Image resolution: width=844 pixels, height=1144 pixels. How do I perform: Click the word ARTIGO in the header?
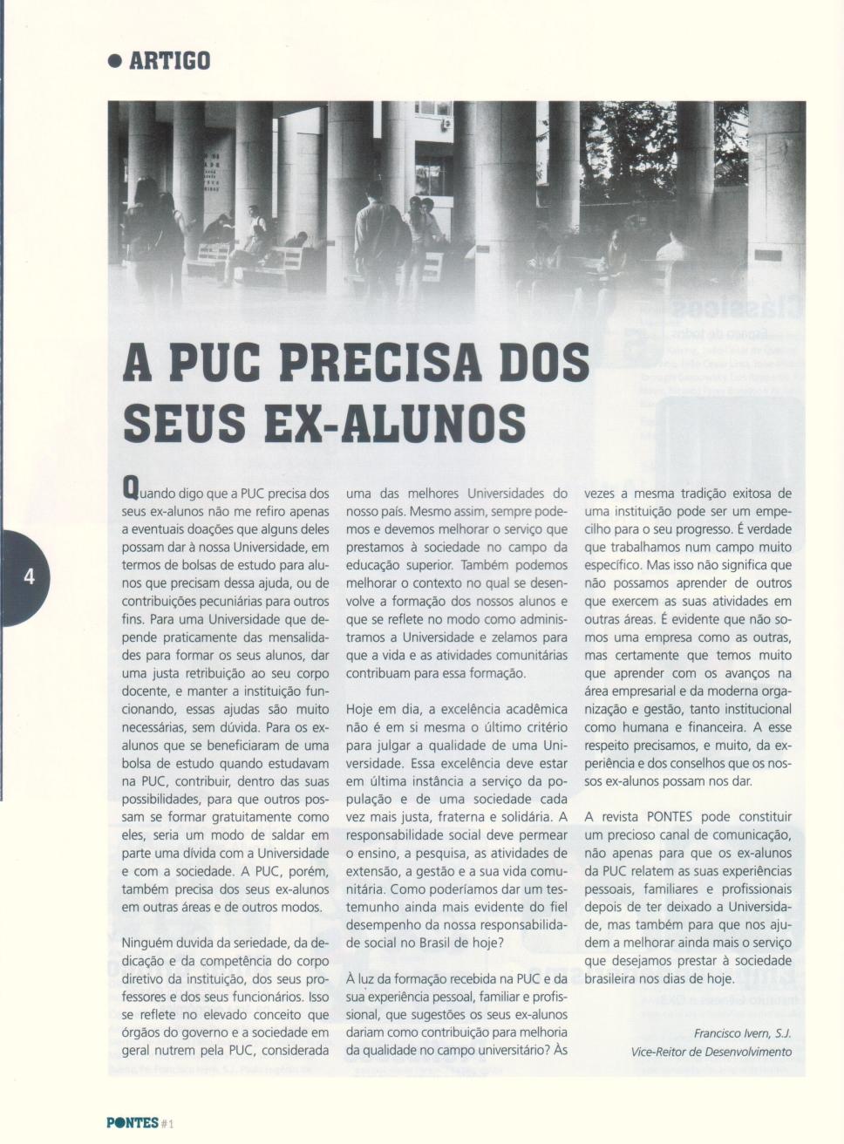tap(169, 61)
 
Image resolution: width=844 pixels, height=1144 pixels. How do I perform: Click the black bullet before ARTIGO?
tap(113, 61)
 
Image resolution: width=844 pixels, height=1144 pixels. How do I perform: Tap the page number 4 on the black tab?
tap(29, 576)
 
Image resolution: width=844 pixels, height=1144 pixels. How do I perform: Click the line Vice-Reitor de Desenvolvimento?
tap(711, 1052)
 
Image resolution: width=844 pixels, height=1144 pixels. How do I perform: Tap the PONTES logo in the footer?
tap(133, 1122)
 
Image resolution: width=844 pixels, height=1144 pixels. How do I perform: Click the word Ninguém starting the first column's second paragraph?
tap(149, 943)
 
